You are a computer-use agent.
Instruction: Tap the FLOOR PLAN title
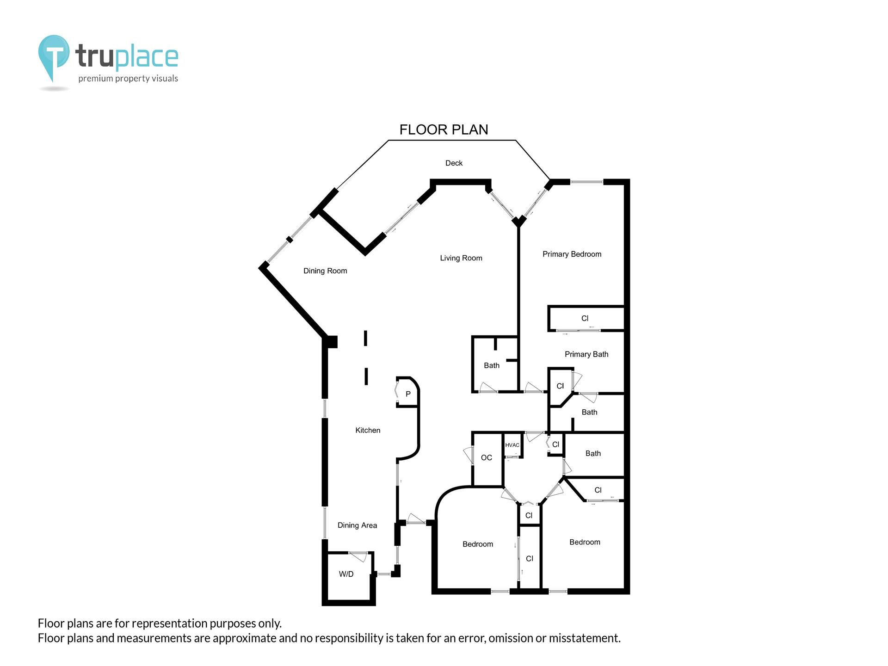(444, 129)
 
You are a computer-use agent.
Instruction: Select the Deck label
(454, 163)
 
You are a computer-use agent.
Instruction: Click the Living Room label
(461, 258)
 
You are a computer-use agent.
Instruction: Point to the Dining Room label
(325, 271)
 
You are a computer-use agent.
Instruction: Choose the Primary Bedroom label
(572, 254)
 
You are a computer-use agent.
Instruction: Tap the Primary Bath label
(586, 354)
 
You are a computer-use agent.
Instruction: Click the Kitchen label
(368, 430)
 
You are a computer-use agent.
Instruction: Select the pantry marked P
(408, 394)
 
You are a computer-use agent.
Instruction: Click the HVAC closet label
(512, 445)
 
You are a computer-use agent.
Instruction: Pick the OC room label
(486, 457)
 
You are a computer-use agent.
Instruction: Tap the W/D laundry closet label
(346, 574)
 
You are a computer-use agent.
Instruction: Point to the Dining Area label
(357, 525)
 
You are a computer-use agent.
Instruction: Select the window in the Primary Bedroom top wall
(586, 182)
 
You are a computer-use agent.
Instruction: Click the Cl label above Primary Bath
(585, 318)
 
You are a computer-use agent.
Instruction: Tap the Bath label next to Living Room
(492, 365)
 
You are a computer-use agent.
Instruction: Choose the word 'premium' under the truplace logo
(96, 79)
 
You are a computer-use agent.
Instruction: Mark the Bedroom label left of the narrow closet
(478, 544)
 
